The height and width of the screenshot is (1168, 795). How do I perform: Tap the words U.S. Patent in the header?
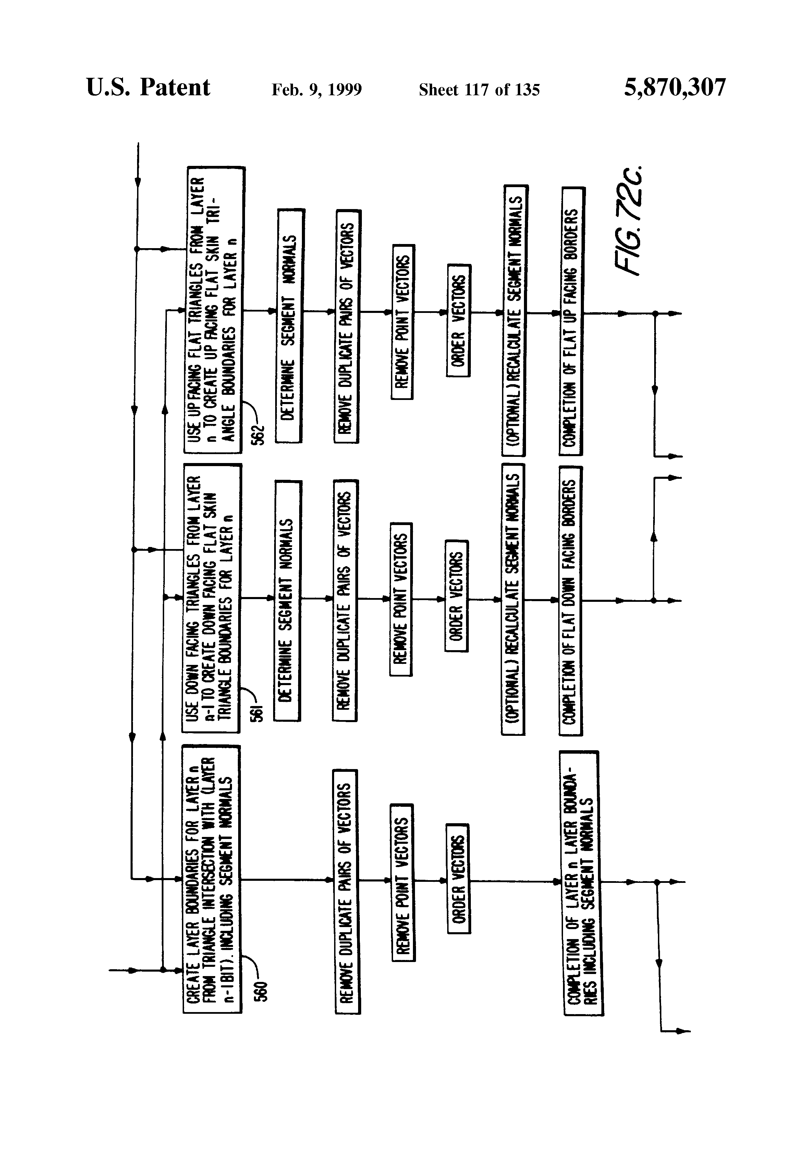click(148, 87)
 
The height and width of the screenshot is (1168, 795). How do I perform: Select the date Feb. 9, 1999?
click(317, 90)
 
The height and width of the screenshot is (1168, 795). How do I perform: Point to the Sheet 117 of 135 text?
click(479, 90)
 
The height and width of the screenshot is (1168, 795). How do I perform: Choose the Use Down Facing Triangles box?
click(211, 598)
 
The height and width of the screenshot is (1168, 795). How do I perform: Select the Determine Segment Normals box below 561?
click(288, 600)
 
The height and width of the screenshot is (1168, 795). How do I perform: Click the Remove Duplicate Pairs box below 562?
click(347, 326)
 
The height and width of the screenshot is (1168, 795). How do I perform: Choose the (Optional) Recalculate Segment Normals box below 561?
click(513, 599)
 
